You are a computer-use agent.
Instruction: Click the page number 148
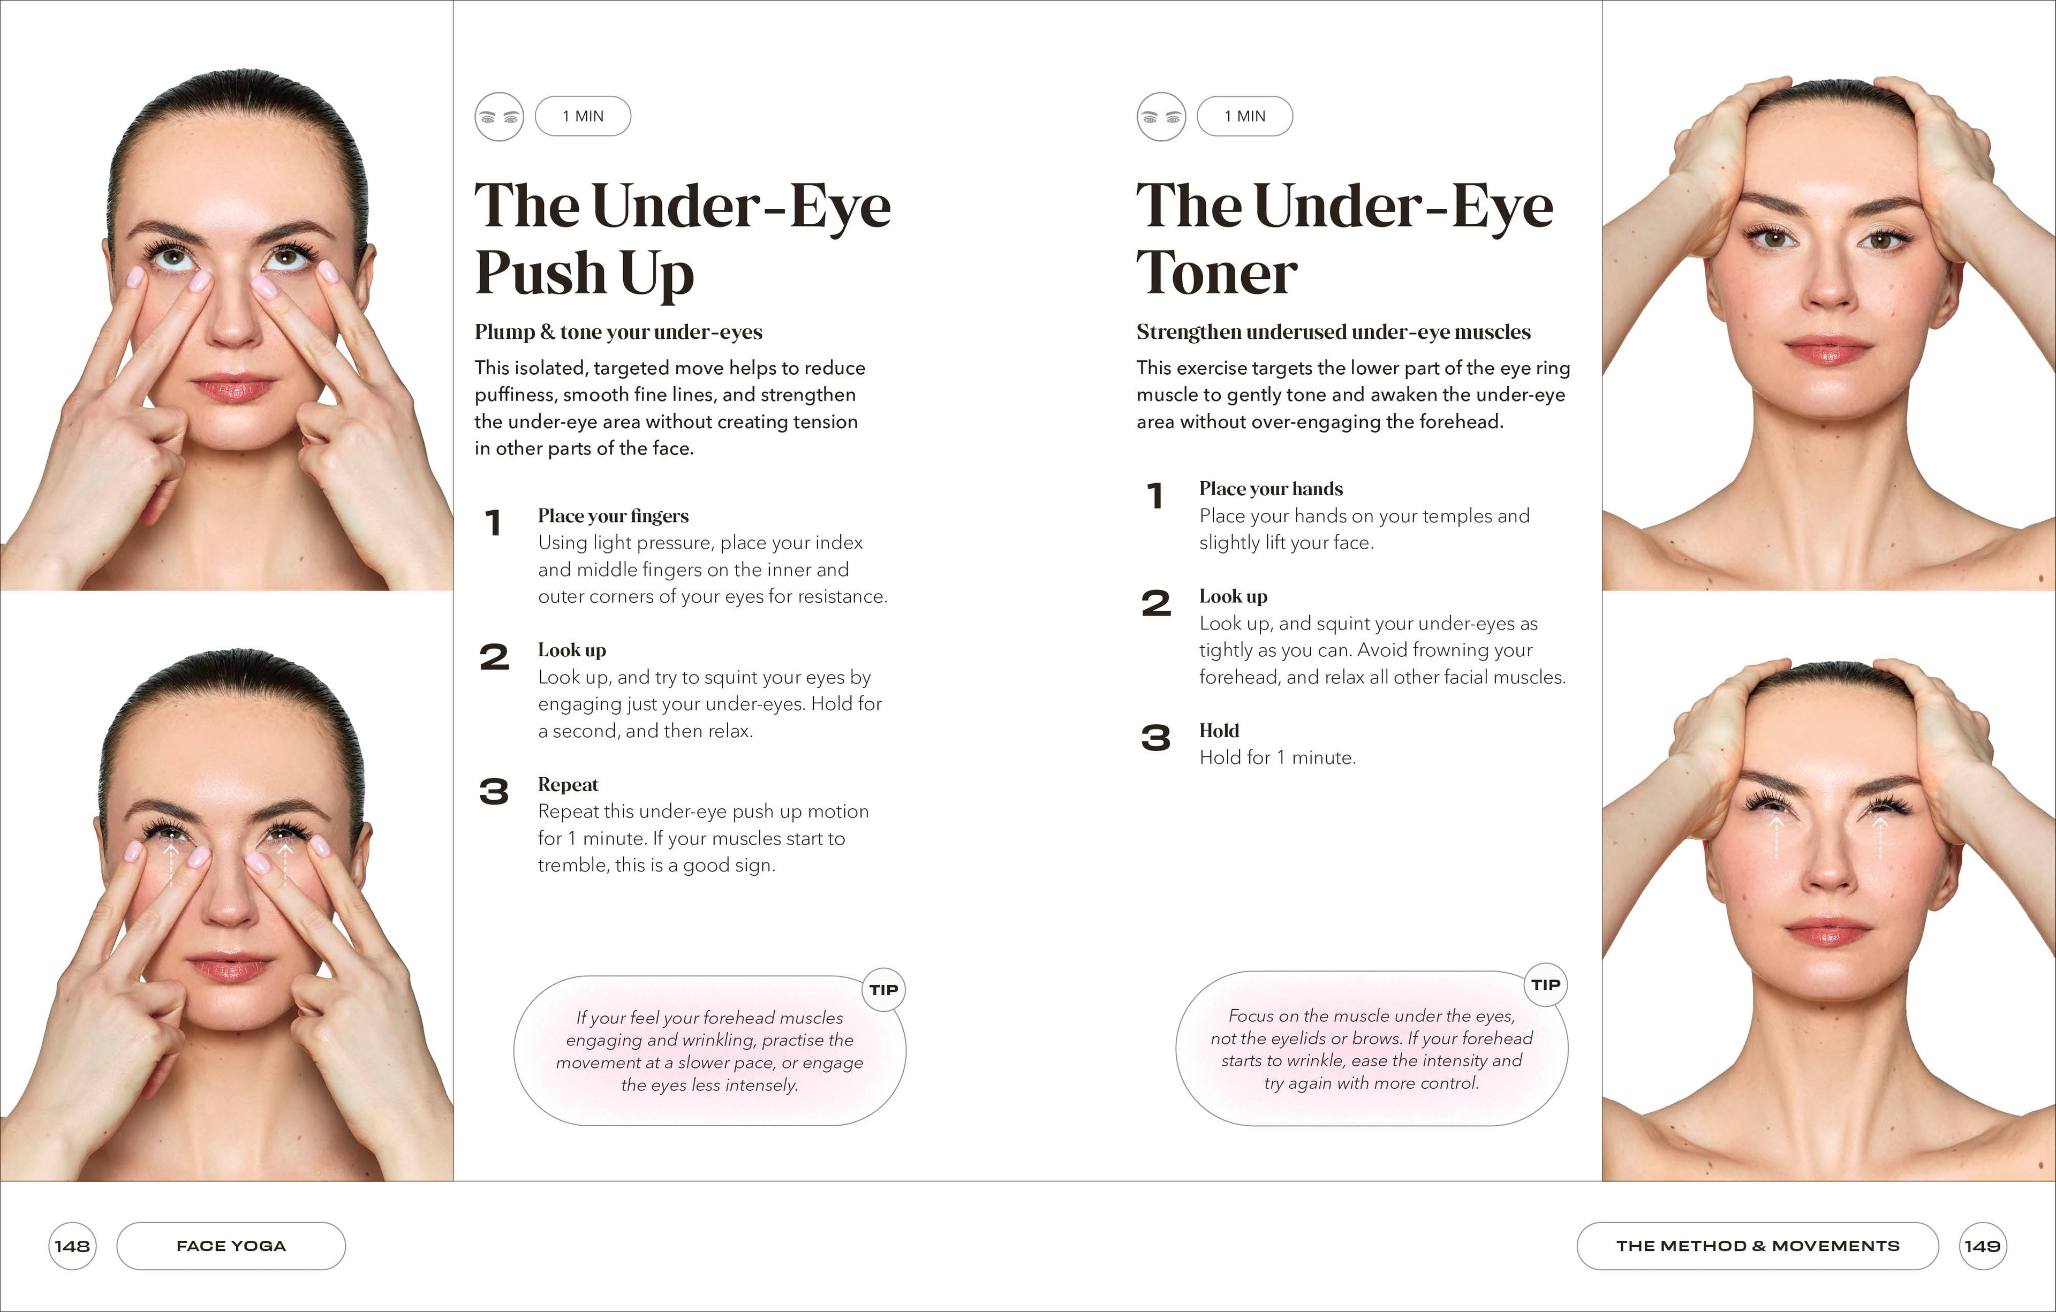click(72, 1246)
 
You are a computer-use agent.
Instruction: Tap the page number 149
click(1983, 1246)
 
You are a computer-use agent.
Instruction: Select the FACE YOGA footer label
click(231, 1246)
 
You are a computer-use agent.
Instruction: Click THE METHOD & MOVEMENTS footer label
click(1757, 1246)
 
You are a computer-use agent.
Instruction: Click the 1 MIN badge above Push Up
click(583, 116)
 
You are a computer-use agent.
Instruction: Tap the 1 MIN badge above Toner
click(1245, 116)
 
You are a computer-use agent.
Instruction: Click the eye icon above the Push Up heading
click(498, 117)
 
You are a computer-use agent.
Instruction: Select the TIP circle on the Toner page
click(1545, 985)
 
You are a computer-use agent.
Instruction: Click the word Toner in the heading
click(1216, 274)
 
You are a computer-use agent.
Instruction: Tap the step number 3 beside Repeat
click(494, 792)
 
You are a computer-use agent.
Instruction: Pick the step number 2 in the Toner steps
click(1156, 603)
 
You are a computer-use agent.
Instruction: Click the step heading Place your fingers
click(613, 515)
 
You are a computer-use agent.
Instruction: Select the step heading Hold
click(1219, 731)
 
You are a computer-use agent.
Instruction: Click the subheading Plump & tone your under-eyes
click(618, 332)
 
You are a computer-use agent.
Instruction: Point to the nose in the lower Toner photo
click(1827, 879)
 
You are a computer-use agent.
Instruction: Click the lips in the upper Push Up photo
click(233, 389)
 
